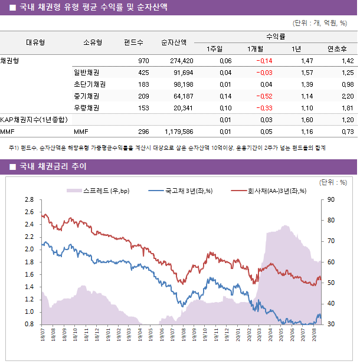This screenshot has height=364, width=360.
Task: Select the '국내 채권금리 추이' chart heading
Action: point(53,167)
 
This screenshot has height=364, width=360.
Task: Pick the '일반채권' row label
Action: point(86,73)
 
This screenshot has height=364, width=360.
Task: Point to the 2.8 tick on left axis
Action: point(30,200)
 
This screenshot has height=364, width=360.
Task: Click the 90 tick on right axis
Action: point(330,200)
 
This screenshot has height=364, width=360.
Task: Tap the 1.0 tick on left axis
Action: point(30,312)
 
